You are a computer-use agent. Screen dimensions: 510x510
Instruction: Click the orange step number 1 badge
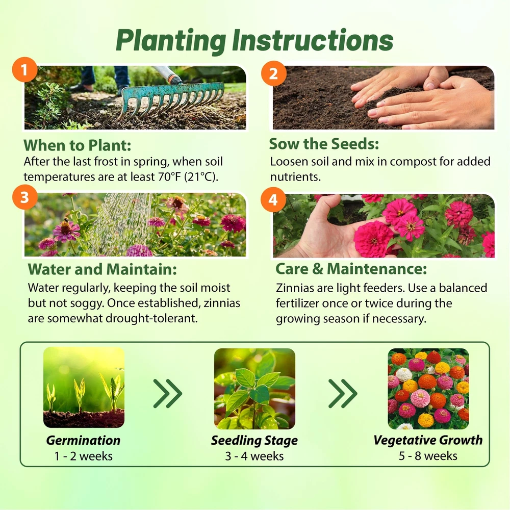(24, 69)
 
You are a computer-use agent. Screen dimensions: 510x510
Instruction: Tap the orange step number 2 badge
(273, 73)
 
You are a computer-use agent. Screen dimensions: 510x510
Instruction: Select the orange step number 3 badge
(24, 197)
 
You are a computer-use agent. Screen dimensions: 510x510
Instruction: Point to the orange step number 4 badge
(273, 200)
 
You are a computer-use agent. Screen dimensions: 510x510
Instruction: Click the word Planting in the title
(171, 41)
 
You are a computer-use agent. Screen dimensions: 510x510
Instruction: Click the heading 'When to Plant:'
(77, 145)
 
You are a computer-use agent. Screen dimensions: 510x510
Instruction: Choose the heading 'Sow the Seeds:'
(324, 144)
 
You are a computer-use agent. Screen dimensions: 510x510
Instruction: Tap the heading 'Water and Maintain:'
(102, 269)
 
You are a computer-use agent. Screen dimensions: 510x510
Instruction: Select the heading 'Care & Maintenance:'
(351, 269)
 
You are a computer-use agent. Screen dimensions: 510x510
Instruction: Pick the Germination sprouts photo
(84, 388)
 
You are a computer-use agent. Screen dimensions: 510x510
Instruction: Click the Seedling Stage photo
(254, 389)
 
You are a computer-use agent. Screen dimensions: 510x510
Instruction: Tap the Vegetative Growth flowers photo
(428, 389)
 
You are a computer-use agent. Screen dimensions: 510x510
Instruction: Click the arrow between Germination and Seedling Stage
(167, 394)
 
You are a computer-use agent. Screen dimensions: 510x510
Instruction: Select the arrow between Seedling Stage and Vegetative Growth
(343, 394)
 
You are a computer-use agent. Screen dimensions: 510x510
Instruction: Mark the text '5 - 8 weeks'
(428, 456)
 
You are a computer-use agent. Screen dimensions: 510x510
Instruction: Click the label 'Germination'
(83, 441)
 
